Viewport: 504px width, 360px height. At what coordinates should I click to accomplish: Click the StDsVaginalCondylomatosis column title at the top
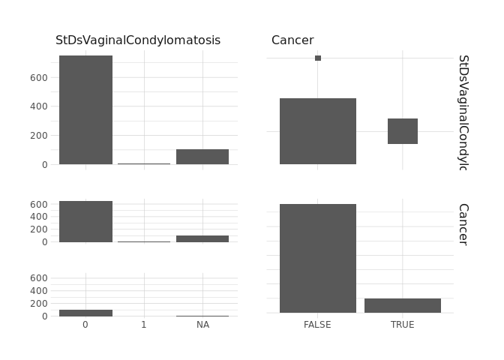click(138, 40)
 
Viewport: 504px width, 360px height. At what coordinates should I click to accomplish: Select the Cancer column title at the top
click(292, 40)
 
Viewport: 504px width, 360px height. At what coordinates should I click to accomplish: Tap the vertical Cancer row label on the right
click(463, 223)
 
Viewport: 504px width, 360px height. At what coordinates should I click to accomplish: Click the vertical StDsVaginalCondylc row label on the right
click(463, 112)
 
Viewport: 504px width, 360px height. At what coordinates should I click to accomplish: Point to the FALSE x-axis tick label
click(317, 325)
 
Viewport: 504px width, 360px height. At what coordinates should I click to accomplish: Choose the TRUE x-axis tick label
click(402, 325)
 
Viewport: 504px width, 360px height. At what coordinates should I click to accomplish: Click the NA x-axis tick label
click(202, 325)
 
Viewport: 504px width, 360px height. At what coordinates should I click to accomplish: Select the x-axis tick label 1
click(144, 325)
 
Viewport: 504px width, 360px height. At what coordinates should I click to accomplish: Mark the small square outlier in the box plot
click(318, 58)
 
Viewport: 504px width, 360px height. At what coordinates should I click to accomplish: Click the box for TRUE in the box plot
click(403, 131)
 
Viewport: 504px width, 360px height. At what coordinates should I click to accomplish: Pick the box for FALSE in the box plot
click(318, 131)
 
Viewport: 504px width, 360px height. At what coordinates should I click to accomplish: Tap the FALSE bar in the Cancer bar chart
click(318, 258)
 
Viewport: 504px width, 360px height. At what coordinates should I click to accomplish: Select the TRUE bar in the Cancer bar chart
click(403, 305)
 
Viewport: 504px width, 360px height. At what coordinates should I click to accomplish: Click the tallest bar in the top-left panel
click(85, 109)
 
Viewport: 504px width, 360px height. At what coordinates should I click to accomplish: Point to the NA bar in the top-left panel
click(202, 157)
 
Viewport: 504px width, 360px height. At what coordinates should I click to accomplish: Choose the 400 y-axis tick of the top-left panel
click(40, 106)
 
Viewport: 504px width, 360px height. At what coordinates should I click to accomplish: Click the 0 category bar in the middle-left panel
click(85, 221)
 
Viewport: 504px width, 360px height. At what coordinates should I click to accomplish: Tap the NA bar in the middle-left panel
click(202, 238)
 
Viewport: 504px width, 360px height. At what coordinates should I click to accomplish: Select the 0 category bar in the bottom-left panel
click(85, 313)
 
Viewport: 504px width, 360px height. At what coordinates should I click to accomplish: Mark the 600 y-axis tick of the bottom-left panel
click(40, 278)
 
